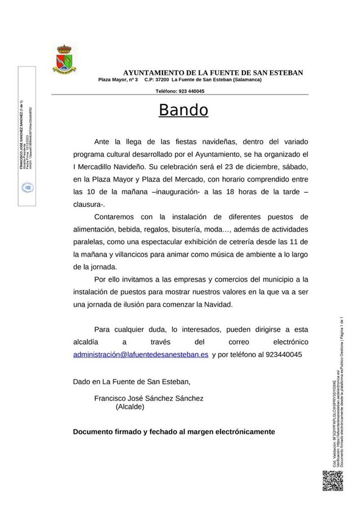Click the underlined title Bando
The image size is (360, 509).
(183, 110)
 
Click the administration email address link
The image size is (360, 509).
(141, 355)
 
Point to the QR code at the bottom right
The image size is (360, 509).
(332, 480)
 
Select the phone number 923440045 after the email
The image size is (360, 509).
(278, 355)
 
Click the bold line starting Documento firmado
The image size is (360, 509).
(174, 432)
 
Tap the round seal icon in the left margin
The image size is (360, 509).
(26, 187)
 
